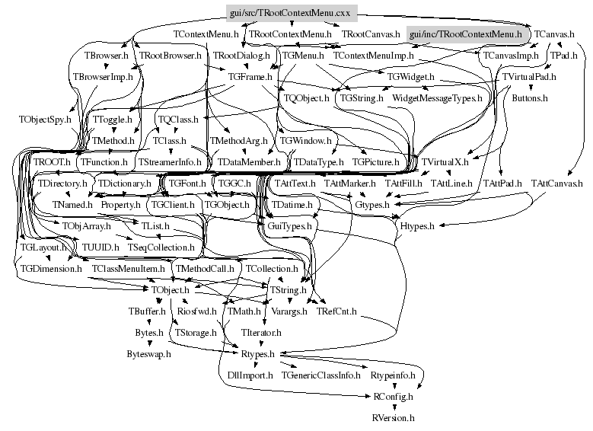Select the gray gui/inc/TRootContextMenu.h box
(x=465, y=34)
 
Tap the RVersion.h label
(x=393, y=417)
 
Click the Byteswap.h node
(x=148, y=354)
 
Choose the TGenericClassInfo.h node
(x=320, y=375)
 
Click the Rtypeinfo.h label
(x=391, y=375)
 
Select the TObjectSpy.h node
(x=45, y=120)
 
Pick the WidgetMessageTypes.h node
(x=437, y=98)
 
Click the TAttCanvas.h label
(x=556, y=184)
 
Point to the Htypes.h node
(x=416, y=226)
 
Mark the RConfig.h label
(x=393, y=396)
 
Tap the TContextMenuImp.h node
(x=373, y=56)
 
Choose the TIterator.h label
(x=261, y=333)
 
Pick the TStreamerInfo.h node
(x=170, y=162)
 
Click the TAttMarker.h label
(x=349, y=184)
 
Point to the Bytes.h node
(x=149, y=333)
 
